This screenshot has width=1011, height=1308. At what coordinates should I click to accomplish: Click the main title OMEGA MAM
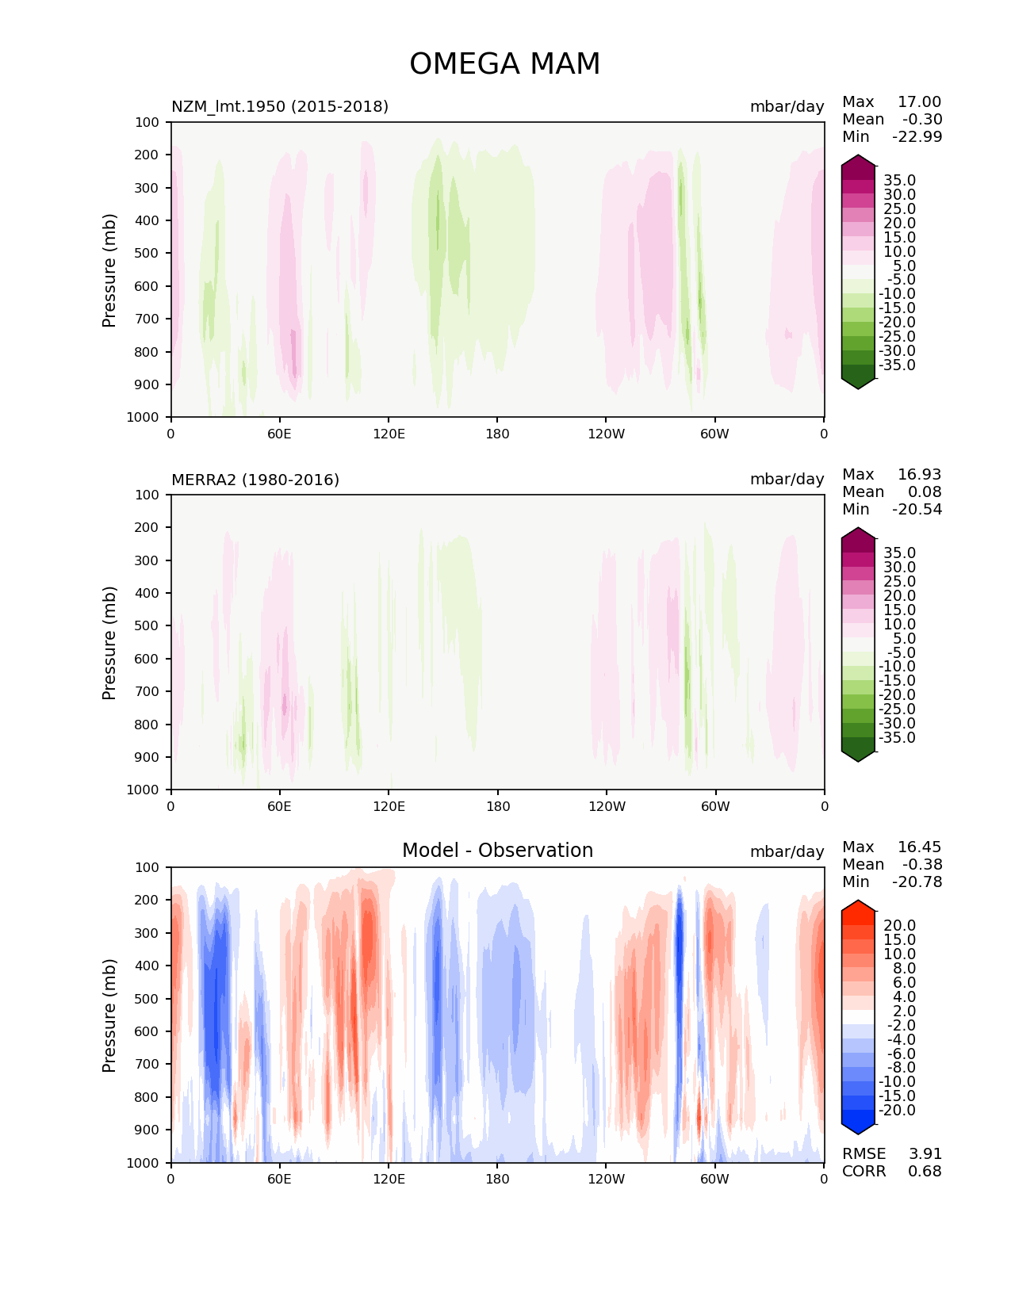click(504, 64)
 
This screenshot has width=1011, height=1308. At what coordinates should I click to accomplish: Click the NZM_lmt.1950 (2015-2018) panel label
click(280, 106)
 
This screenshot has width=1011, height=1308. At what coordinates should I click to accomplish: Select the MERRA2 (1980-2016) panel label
click(255, 480)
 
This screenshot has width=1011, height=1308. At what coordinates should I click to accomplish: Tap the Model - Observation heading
click(497, 851)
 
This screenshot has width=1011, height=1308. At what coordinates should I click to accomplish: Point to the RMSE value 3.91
click(925, 1153)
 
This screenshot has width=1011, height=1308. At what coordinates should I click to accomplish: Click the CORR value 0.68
click(925, 1171)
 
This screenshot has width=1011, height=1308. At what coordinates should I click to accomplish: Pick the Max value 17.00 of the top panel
click(919, 101)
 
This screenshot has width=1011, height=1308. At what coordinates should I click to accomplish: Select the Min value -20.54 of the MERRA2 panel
click(917, 509)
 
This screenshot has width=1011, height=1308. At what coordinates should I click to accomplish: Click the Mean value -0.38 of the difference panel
click(921, 864)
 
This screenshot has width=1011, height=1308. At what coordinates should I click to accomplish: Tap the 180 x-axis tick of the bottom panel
click(497, 1179)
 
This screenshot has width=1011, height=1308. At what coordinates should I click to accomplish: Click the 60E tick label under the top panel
click(279, 434)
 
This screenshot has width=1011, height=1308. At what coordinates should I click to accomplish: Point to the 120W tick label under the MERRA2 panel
click(607, 806)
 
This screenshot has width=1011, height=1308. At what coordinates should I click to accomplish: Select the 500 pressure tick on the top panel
click(147, 253)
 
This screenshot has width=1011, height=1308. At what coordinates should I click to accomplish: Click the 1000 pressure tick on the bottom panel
click(144, 1163)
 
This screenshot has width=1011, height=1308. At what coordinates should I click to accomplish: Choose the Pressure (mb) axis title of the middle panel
click(109, 642)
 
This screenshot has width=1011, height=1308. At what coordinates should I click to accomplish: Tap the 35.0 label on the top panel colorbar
click(899, 181)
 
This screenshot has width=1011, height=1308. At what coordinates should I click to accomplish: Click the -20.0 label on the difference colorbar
click(897, 1110)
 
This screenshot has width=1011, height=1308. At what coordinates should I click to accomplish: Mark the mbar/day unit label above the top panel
click(787, 106)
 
